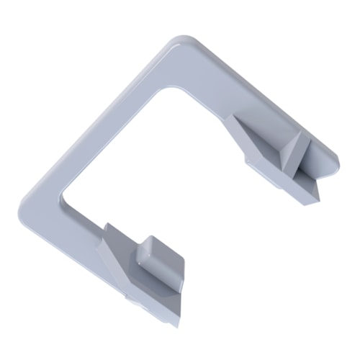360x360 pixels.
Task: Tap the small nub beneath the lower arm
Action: [130, 296]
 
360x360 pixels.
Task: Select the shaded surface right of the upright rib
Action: [317, 168]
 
